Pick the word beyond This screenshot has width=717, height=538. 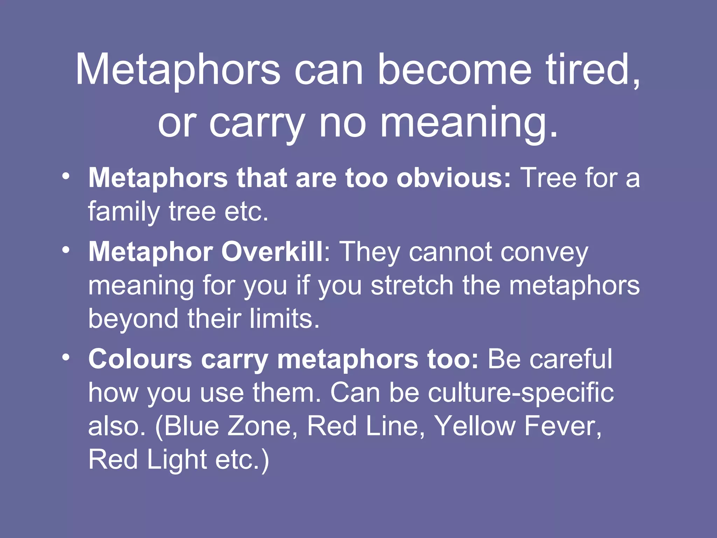(x=133, y=319)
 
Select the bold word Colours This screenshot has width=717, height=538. (x=140, y=359)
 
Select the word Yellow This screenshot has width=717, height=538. (x=474, y=426)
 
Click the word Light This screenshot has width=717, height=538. (x=177, y=460)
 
